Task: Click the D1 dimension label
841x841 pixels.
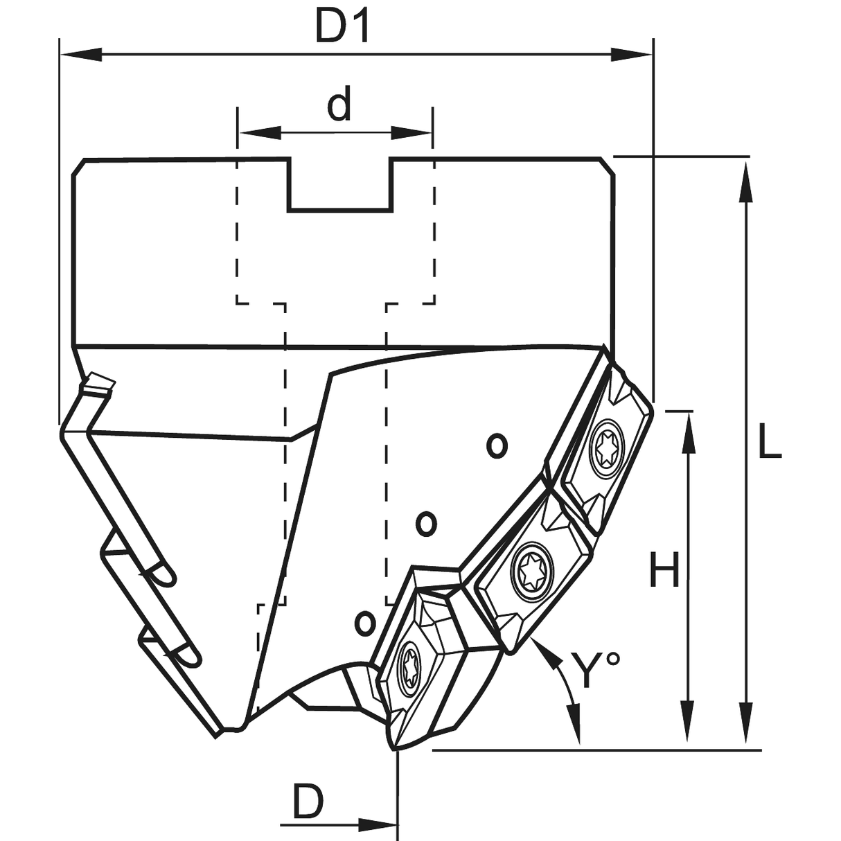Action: pos(344,26)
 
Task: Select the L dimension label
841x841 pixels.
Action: pos(768,443)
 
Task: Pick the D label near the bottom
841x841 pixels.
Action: pos(308,802)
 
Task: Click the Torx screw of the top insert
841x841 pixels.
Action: pos(607,448)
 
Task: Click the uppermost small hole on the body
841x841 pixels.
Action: pos(496,445)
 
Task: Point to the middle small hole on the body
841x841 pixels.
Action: pos(427,522)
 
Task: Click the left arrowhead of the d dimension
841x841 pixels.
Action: pos(259,132)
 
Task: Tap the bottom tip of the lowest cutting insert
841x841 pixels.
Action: pos(394,748)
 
